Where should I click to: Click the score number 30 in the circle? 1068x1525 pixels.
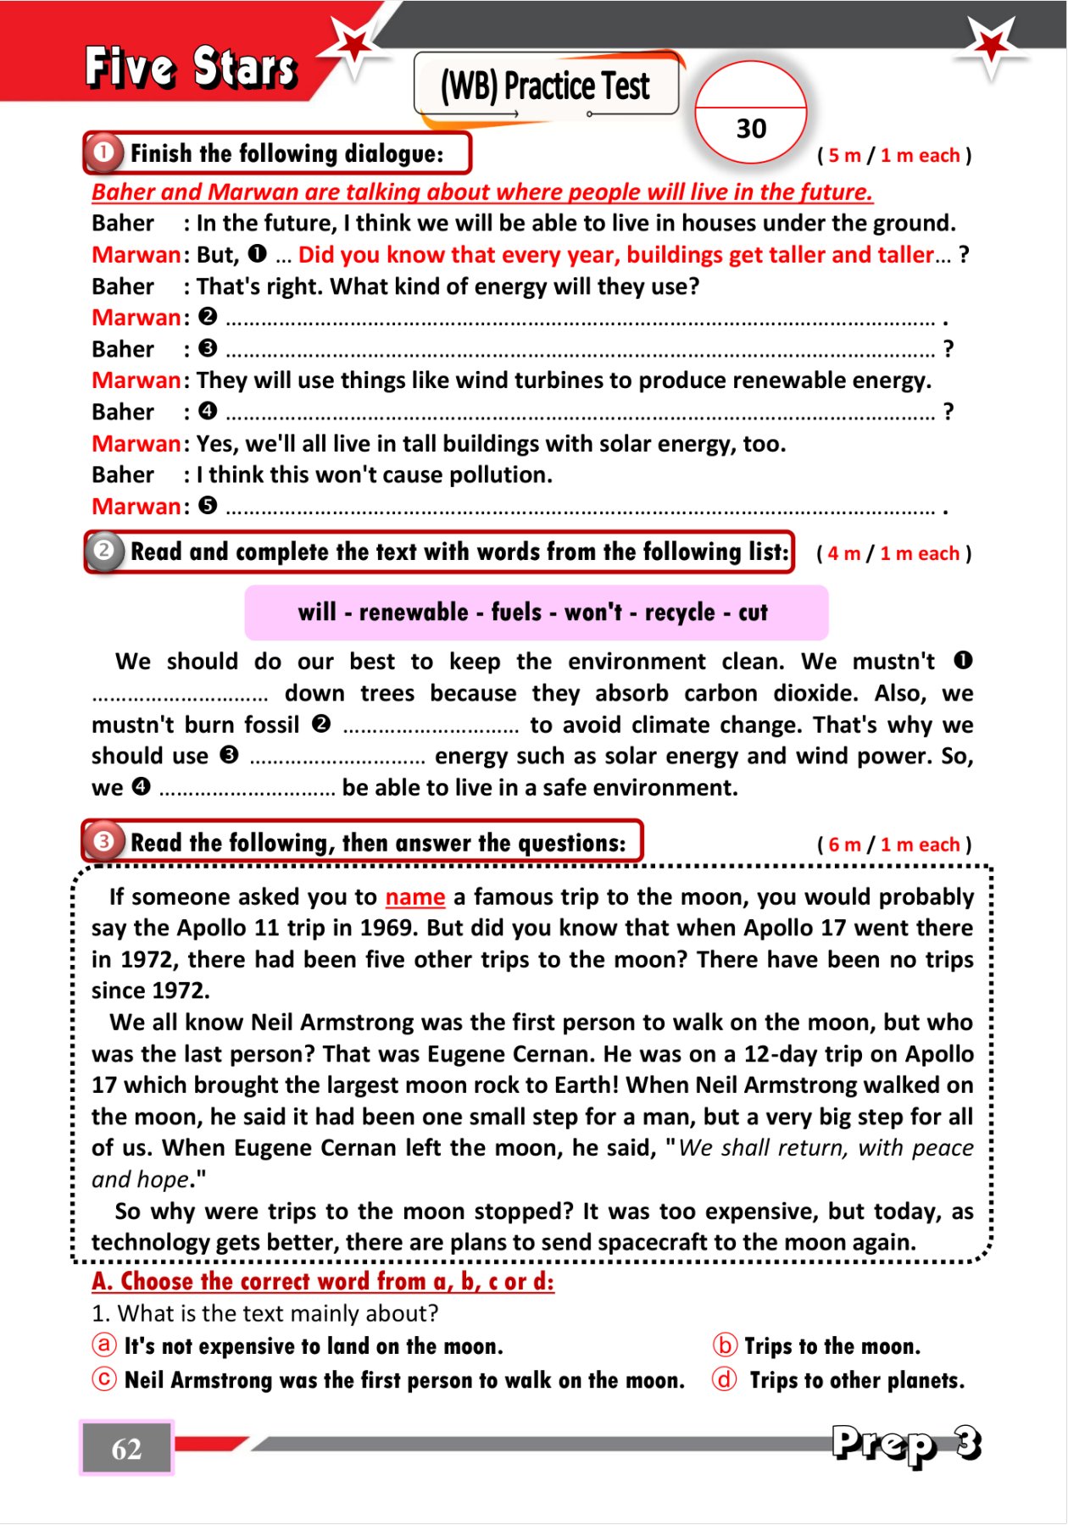(751, 129)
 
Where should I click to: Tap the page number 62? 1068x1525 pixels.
(126, 1449)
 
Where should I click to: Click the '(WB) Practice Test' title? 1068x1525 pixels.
(545, 86)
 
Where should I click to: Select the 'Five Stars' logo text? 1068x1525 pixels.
(192, 68)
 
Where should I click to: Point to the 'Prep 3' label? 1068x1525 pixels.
(906, 1443)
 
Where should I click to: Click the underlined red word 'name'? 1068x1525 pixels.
(414, 896)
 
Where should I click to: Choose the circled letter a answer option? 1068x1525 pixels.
(103, 1345)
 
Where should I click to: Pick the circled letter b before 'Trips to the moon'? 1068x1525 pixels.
(725, 1345)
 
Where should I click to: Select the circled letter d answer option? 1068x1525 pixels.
(725, 1380)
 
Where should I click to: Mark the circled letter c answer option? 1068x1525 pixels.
(103, 1380)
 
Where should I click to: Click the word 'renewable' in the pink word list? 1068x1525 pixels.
(414, 613)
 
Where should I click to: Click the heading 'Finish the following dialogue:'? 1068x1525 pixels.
(286, 153)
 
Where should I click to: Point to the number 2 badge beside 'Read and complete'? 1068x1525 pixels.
(104, 552)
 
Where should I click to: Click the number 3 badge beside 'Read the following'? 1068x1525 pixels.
(103, 842)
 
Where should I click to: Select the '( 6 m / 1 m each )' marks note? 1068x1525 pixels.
(894, 845)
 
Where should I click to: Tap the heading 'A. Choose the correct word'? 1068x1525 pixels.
(323, 1281)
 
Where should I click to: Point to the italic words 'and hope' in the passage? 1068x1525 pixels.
(140, 1179)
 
